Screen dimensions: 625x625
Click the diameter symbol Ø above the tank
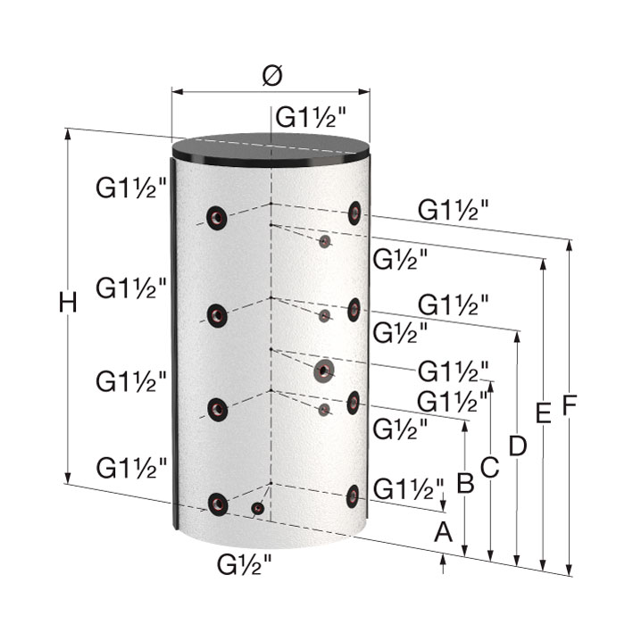(272, 75)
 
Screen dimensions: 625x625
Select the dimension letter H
(68, 303)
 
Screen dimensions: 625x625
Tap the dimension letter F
(570, 404)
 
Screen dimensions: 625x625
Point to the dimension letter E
(543, 412)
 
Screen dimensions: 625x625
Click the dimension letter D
(517, 446)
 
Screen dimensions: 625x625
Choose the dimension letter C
(490, 467)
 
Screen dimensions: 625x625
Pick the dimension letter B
(465, 483)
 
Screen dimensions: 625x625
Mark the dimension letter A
(443, 532)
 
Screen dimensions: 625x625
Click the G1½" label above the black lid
(311, 117)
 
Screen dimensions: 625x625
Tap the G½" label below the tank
(244, 564)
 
